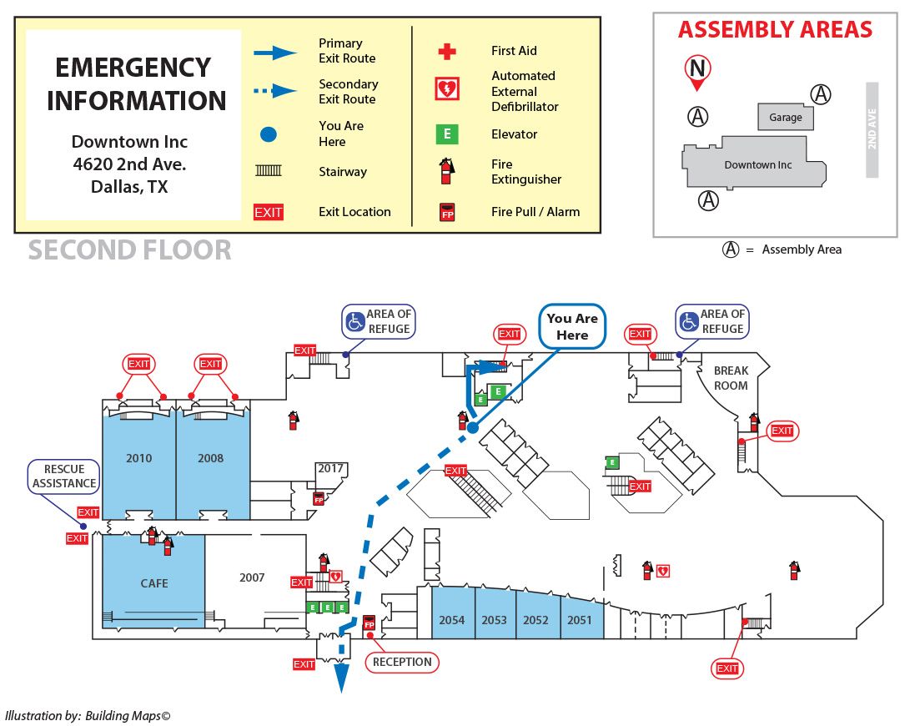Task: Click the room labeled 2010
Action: coord(138,458)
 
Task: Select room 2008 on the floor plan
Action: coord(210,458)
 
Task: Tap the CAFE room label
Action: coord(154,583)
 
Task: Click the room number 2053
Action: coord(494,620)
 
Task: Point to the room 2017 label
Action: coord(330,469)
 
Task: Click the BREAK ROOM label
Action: coord(731,378)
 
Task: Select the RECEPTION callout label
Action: coord(402,663)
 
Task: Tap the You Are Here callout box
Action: coord(572,327)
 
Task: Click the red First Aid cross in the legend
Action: coord(448,52)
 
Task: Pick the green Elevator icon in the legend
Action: coord(448,134)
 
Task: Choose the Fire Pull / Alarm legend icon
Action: coord(448,212)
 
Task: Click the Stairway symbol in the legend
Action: coord(269,171)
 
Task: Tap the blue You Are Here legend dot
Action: coord(269,134)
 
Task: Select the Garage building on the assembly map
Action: coord(785,117)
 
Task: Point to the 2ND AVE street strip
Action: coord(872,129)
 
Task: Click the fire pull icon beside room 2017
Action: coord(318,499)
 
